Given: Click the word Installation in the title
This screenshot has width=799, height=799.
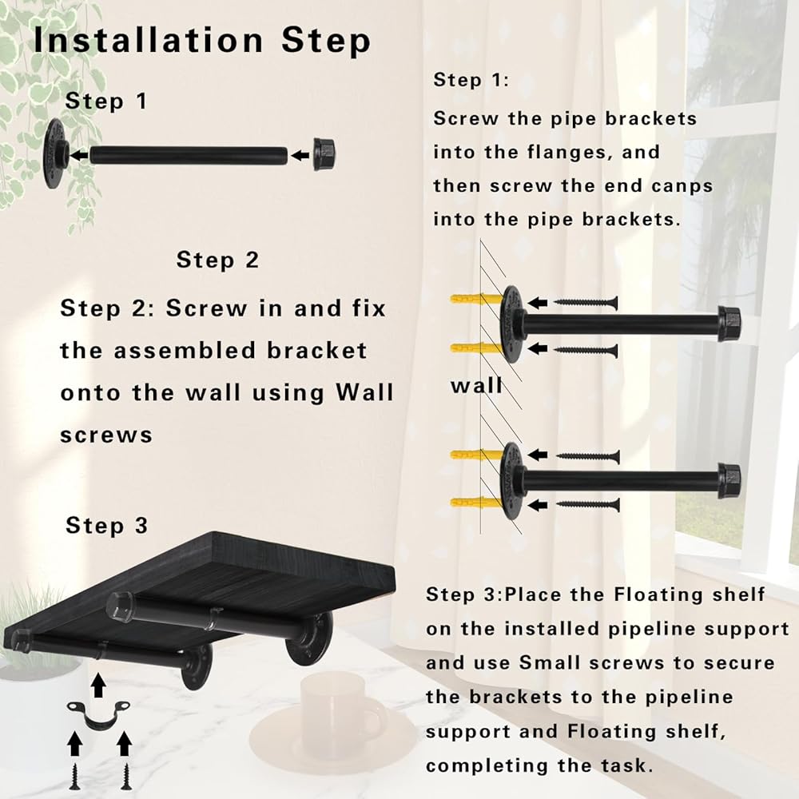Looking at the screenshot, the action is pyautogui.click(x=149, y=40).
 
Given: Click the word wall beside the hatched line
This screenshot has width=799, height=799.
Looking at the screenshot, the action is pyautogui.click(x=476, y=386).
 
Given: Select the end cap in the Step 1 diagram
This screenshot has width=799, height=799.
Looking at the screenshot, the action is pyautogui.click(x=324, y=154).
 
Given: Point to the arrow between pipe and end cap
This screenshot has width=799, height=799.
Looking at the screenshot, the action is pyautogui.click(x=300, y=155).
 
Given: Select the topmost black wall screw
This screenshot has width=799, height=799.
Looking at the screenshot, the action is pyautogui.click(x=586, y=303).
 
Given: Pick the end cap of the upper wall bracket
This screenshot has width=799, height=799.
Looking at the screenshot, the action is pyautogui.click(x=729, y=323).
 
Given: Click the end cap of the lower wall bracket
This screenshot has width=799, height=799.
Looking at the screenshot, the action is pyautogui.click(x=729, y=480).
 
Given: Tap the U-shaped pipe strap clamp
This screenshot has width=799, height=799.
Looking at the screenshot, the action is pyautogui.click(x=98, y=714).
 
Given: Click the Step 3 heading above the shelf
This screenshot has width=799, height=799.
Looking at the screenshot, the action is pyautogui.click(x=107, y=526).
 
